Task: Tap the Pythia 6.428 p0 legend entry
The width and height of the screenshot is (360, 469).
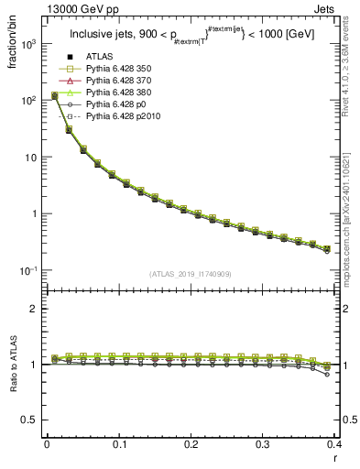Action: (118, 105)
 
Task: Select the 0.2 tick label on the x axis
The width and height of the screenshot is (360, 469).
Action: (191, 444)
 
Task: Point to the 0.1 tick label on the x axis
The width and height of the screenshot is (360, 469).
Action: (118, 444)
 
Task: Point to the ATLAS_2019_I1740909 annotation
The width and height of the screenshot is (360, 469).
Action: (189, 274)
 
